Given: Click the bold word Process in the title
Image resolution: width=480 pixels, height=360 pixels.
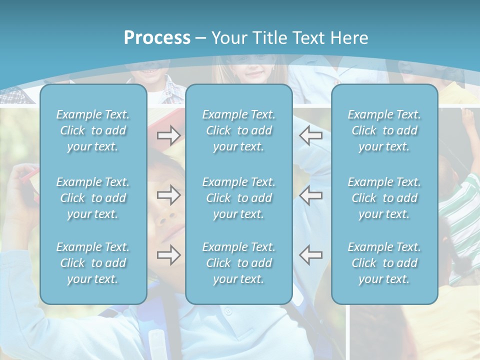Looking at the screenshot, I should [157, 38].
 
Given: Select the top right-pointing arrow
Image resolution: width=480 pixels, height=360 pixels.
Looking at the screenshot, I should [168, 135].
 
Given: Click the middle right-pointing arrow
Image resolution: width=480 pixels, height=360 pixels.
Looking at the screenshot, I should [168, 195].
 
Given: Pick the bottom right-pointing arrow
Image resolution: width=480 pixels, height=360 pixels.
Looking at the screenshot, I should [168, 255].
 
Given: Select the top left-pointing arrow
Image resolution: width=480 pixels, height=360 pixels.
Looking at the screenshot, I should [310, 135].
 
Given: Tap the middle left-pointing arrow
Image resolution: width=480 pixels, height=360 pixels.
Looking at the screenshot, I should [310, 195].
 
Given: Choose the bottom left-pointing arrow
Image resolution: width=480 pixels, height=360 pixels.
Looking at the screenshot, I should [310, 255].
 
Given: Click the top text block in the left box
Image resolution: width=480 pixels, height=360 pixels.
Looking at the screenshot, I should [93, 130].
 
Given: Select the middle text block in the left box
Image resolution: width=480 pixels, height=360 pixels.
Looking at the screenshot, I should [93, 198].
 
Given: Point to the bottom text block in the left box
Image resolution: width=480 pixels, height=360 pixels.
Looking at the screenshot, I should [93, 263].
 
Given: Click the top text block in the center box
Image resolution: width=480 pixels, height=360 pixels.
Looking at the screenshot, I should [239, 130].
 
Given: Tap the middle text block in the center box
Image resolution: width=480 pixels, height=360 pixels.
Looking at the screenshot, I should [239, 198].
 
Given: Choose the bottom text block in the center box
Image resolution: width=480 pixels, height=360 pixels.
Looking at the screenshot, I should [239, 263].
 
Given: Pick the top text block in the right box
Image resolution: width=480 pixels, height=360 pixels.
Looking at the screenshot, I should [384, 130].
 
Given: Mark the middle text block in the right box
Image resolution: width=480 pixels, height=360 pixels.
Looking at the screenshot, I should [384, 198].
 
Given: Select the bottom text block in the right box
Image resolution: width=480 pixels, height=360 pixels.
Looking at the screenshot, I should [384, 263].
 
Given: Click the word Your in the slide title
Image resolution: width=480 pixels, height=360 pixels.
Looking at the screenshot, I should [229, 38].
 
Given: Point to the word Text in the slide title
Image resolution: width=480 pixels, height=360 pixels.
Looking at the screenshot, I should [309, 38].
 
